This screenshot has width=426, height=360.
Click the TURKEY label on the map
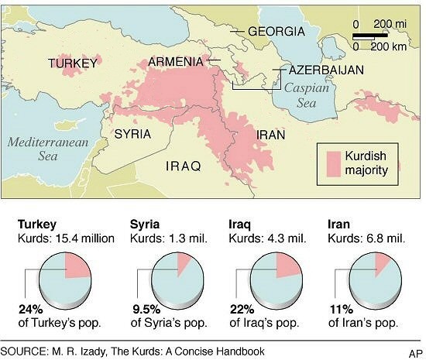[x=75, y=63]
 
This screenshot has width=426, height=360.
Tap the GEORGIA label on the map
[x=276, y=33]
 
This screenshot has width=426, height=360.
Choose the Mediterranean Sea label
[x=41, y=147]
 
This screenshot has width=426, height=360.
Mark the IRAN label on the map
[x=271, y=135]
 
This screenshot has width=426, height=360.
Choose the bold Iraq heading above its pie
[x=240, y=225]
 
